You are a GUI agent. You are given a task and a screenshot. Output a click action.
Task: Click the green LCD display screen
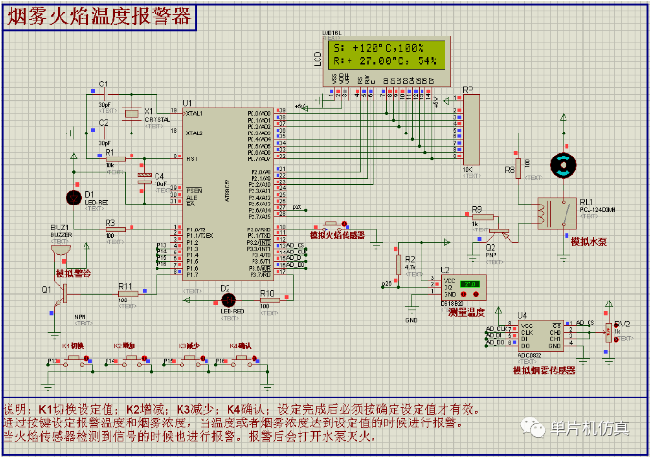point(386,56)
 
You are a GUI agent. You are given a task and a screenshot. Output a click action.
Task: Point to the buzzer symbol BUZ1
point(61,251)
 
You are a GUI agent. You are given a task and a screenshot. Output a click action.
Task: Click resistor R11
point(125,297)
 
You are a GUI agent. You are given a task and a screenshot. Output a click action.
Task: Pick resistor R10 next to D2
point(270,300)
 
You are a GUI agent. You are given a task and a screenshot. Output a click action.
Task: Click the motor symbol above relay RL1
point(560,163)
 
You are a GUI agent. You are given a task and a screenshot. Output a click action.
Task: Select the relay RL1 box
point(551,213)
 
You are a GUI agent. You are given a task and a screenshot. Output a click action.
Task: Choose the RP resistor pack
point(469,131)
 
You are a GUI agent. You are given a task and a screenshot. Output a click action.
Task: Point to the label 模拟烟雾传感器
point(543,370)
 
